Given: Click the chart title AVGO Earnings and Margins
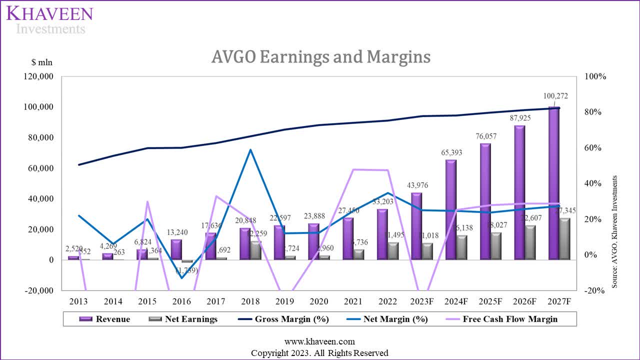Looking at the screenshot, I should point(320,57).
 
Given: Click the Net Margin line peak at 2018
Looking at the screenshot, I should point(250,149).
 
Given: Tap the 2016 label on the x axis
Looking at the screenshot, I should point(181,302).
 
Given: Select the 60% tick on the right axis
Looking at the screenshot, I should point(595,148).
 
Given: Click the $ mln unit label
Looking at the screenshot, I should point(41,62).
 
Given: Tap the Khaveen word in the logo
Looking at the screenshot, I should point(49,13).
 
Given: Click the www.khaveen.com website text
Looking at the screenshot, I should point(319,341).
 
